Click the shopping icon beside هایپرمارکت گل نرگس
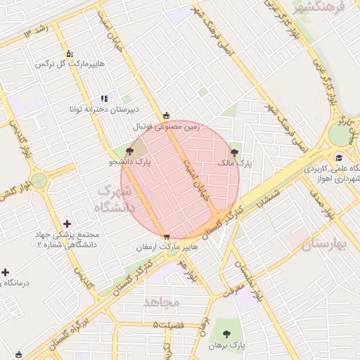coord(69,53)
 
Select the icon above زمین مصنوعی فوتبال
coord(166,116)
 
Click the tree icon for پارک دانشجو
coord(129,150)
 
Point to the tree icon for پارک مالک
coord(233,151)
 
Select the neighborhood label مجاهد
coord(162,302)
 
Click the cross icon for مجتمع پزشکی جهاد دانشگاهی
coord(67,224)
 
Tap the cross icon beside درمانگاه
coord(6,272)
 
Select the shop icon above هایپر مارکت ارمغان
coord(166,237)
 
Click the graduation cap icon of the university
coord(339,157)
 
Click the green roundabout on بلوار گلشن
coord(39,181)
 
